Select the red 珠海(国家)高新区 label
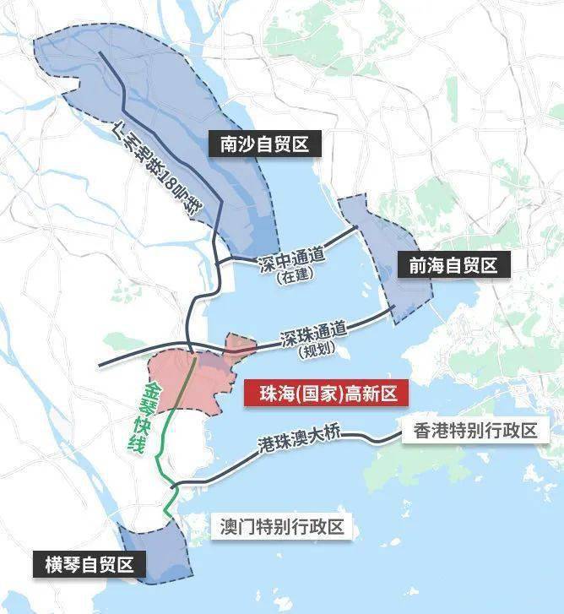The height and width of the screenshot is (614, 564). (x=320, y=393)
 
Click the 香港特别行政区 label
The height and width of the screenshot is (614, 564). (x=475, y=431)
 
